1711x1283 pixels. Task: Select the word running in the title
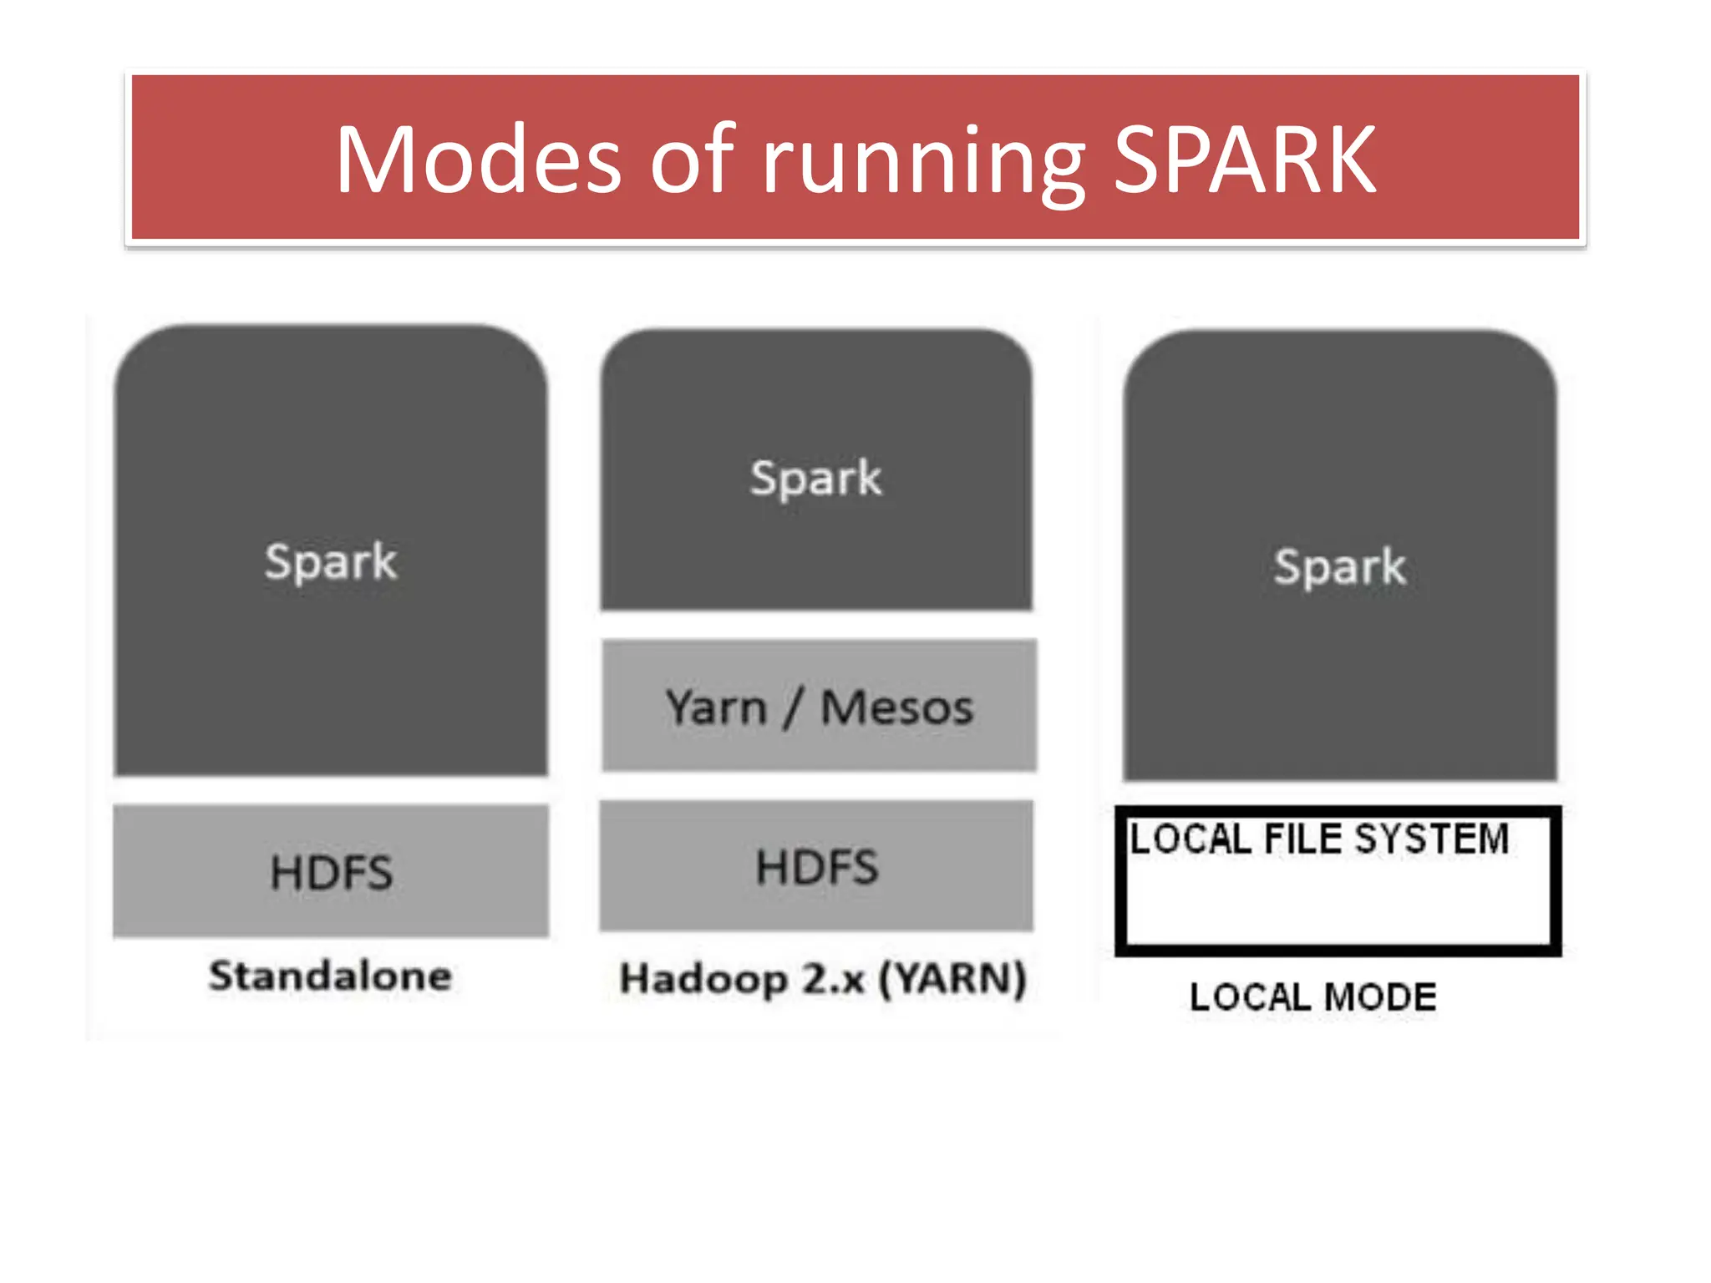click(x=923, y=163)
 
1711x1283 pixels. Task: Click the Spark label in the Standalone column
click(x=331, y=561)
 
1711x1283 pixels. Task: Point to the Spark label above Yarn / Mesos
click(x=815, y=478)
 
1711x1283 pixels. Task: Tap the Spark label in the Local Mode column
click(x=1339, y=566)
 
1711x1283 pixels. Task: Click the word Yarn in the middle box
click(x=716, y=708)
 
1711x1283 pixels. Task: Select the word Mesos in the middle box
click(x=896, y=708)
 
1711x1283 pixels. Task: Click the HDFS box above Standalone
click(x=331, y=871)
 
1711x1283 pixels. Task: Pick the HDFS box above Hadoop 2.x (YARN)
click(x=816, y=866)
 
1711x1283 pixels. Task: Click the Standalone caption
click(x=331, y=976)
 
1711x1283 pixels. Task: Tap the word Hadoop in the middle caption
click(x=703, y=979)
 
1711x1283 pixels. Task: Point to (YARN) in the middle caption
click(x=952, y=979)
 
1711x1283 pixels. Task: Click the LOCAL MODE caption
click(x=1312, y=997)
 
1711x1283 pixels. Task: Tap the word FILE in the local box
click(x=1302, y=839)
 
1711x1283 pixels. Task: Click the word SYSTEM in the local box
click(x=1431, y=839)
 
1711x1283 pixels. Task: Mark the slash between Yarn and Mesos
click(x=792, y=708)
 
